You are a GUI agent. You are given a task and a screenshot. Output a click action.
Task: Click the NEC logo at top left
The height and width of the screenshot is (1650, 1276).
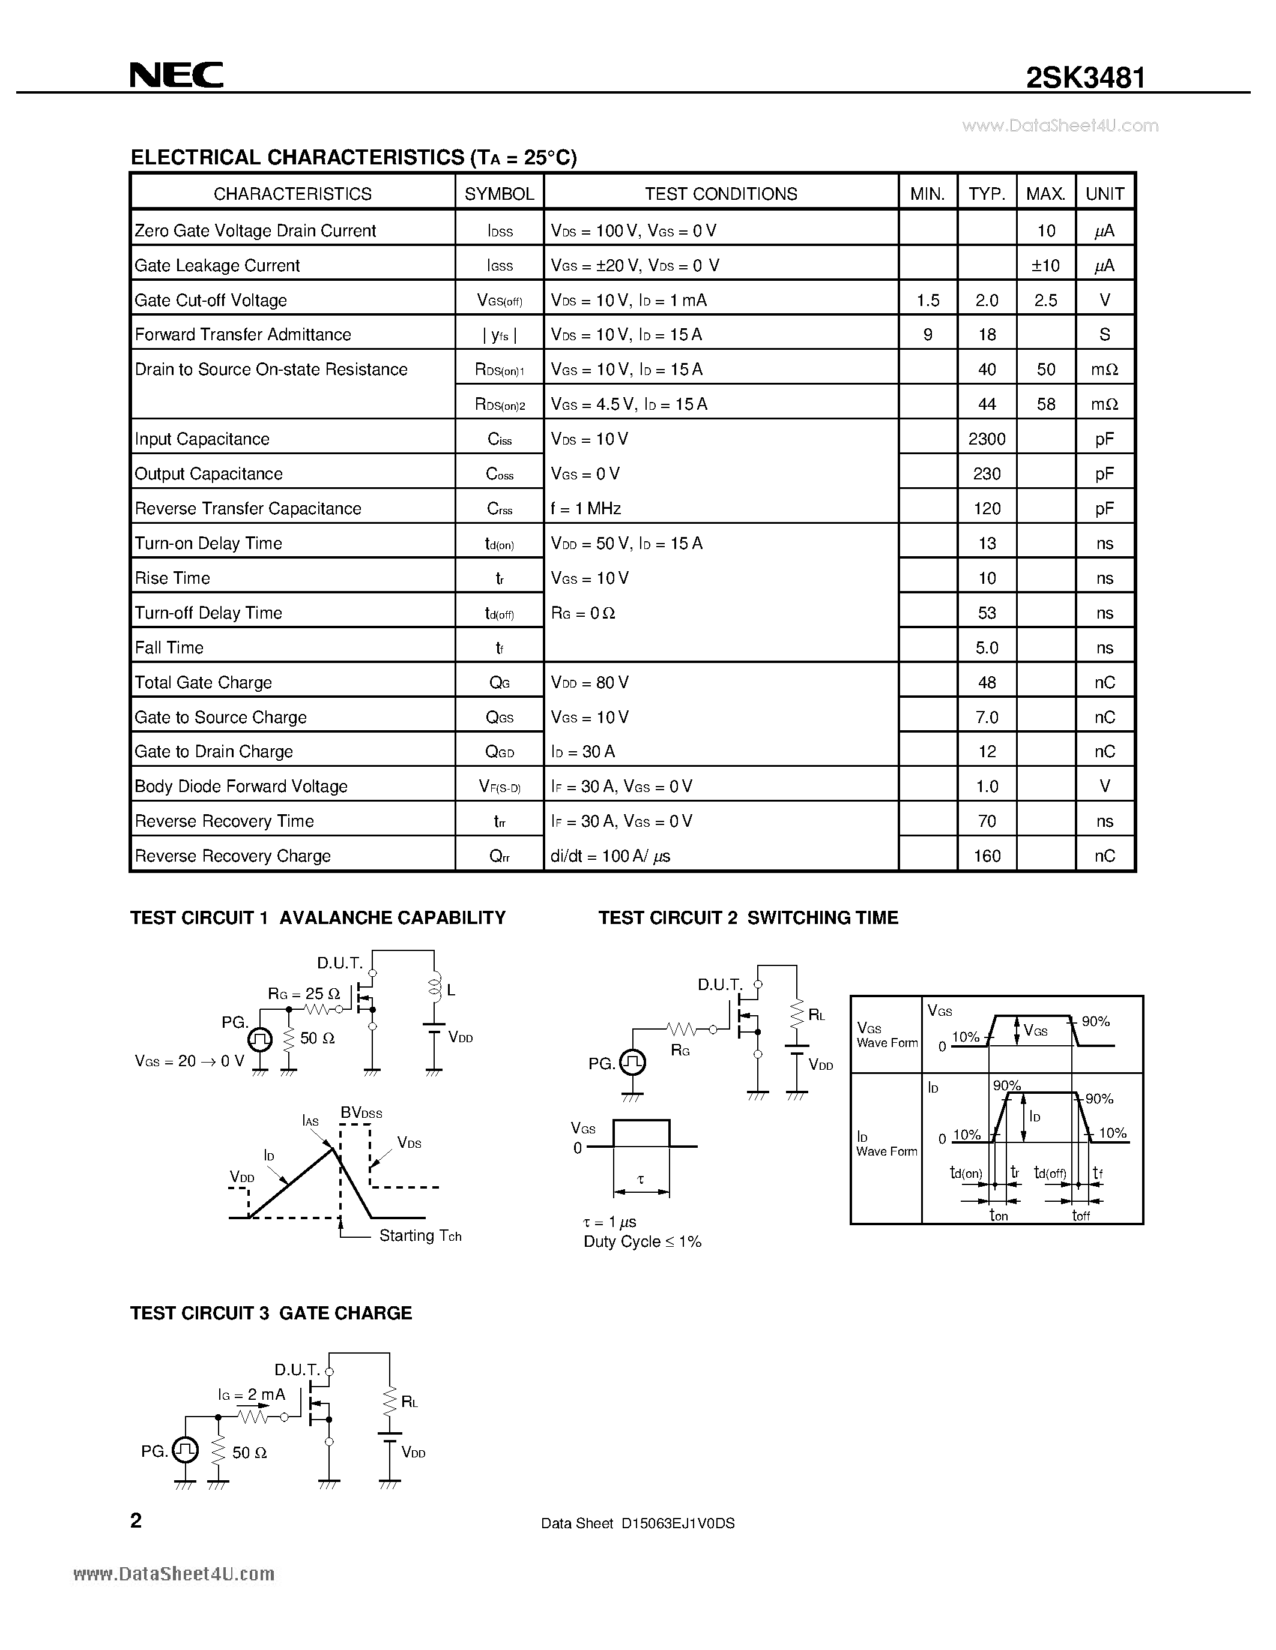click(176, 75)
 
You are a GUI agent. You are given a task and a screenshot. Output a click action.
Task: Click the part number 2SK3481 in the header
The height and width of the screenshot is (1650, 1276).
click(1085, 78)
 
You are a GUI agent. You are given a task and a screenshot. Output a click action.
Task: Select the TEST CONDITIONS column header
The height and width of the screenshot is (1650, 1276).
click(721, 194)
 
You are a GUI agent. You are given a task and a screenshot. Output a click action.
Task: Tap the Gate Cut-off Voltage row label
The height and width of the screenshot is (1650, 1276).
click(211, 301)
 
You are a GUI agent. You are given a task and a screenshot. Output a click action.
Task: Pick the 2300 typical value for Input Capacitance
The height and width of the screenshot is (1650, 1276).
click(987, 440)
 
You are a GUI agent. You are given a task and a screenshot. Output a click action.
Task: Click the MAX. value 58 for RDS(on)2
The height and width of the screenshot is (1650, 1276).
click(1045, 405)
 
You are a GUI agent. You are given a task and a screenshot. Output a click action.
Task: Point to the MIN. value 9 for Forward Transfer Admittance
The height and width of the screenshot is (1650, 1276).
click(928, 335)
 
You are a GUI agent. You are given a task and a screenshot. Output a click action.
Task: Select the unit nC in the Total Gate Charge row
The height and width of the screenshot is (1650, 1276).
click(1104, 683)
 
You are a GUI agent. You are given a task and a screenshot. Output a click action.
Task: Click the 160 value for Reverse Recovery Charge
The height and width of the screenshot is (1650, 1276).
click(987, 857)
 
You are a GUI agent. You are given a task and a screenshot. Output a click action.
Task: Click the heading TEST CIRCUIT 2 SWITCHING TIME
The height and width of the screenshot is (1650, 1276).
click(748, 918)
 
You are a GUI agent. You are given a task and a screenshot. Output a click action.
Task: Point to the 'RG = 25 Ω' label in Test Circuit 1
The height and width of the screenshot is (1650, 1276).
click(304, 994)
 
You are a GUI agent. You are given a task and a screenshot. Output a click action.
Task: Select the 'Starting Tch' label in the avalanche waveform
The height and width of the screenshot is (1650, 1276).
click(420, 1235)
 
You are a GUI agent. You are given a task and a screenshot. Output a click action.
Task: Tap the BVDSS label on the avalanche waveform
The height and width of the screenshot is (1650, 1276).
click(361, 1113)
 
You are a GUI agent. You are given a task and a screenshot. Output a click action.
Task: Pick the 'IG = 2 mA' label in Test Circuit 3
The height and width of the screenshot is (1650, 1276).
click(252, 1394)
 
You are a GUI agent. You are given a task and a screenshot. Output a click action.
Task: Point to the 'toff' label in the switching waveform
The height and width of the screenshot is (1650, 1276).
click(1081, 1216)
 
